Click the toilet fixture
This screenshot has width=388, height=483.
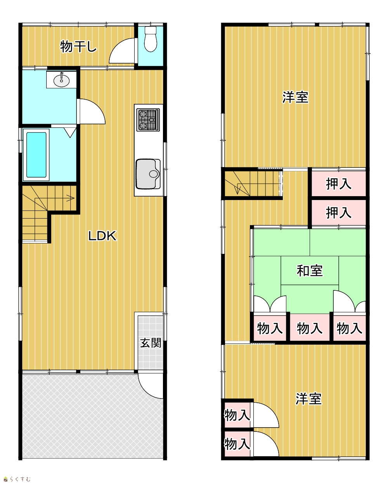150,39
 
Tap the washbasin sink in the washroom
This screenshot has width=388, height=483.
61,80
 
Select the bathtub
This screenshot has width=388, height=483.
36,155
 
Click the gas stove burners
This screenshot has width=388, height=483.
148,120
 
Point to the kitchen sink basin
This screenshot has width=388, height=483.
148,174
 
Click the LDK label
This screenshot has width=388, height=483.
102,236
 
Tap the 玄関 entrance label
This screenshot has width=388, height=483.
151,343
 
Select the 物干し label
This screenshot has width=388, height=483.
78,46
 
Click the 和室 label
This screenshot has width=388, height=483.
310,271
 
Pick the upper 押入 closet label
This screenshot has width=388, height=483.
339,184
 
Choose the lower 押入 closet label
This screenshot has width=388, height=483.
339,212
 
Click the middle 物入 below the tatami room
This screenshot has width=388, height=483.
310,328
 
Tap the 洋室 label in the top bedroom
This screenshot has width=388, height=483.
295,97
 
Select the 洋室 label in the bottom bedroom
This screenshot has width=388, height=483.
308,399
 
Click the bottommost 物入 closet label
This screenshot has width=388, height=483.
237,444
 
